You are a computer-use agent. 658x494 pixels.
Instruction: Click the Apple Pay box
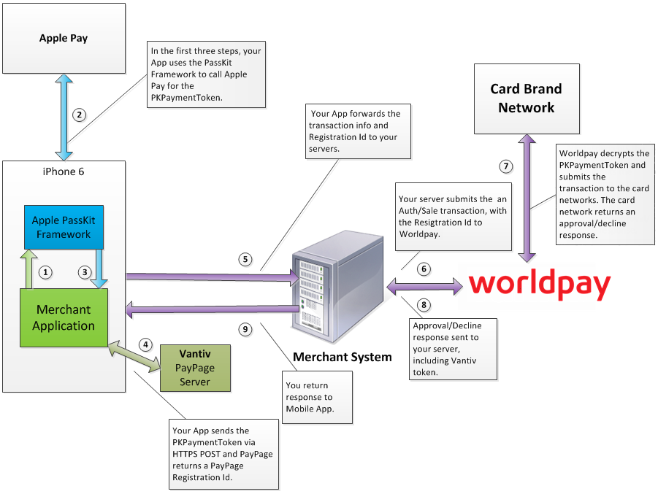click(x=64, y=38)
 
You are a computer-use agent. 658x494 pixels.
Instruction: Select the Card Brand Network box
click(x=527, y=99)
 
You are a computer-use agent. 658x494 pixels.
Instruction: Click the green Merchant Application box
click(x=64, y=318)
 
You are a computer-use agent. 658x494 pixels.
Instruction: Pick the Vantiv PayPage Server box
click(x=195, y=367)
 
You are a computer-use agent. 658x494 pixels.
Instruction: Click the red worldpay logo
click(x=539, y=285)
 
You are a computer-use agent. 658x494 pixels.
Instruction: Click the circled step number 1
click(x=46, y=272)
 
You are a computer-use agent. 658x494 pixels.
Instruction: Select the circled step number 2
click(x=80, y=115)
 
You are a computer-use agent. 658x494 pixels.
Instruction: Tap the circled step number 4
click(x=145, y=344)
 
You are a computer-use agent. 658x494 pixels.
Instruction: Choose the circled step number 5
click(x=246, y=259)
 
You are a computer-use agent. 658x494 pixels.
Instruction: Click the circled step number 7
click(x=505, y=166)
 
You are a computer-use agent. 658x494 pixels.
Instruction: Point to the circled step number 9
click(x=246, y=329)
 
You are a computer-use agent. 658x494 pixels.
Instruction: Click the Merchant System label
click(x=343, y=357)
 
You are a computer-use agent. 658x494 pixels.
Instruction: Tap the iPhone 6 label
click(x=64, y=171)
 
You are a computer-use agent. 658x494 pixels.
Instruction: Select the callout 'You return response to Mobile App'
click(x=317, y=398)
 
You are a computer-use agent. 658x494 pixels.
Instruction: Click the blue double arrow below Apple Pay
click(x=63, y=117)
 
